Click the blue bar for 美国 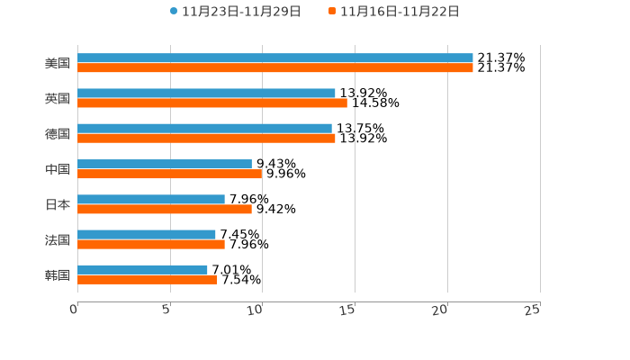pos(275,58)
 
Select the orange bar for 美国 pos(275,68)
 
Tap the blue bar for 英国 pos(206,94)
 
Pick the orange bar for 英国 pos(212,103)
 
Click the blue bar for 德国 pos(204,129)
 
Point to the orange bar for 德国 pos(206,139)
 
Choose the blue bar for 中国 pos(165,165)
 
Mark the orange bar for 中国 pos(170,174)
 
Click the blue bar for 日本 pos(151,200)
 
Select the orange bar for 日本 pos(165,209)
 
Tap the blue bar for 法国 pos(147,235)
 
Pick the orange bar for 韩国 pos(148,280)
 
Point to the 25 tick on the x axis pos(533,310)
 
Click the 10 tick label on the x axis pos(256,310)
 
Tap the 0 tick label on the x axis pos(74,310)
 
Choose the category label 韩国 pos(58,274)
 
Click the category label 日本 pos(58,204)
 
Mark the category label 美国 pos(58,64)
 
